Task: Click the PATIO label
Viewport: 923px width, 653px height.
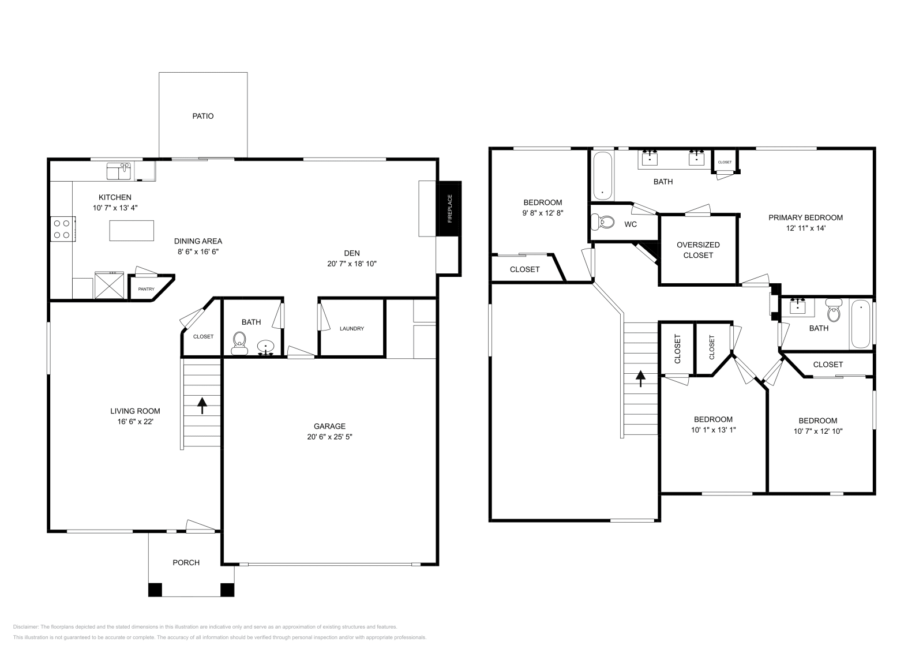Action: (x=202, y=116)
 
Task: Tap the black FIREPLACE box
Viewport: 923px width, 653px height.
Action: (x=450, y=208)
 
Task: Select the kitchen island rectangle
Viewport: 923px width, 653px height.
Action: (x=132, y=231)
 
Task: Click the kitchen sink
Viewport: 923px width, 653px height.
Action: (x=119, y=171)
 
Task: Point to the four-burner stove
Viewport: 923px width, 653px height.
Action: (x=61, y=228)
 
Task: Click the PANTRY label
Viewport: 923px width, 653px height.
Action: (x=146, y=289)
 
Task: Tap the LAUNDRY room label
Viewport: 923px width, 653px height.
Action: (x=351, y=329)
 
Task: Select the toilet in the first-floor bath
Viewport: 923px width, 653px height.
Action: (x=239, y=343)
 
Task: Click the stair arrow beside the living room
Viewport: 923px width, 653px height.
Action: (x=202, y=405)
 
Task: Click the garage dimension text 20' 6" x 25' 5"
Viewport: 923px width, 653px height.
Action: (x=329, y=437)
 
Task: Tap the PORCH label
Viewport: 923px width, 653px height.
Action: (x=186, y=562)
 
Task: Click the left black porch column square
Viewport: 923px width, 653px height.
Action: (x=155, y=590)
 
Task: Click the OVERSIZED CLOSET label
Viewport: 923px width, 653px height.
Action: (x=698, y=250)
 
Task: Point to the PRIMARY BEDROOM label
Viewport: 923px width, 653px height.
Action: (x=805, y=217)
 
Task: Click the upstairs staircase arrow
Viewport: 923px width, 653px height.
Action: (x=640, y=378)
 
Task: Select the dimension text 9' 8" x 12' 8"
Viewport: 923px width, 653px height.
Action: (x=542, y=212)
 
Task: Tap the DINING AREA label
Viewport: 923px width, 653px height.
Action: (x=198, y=241)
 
